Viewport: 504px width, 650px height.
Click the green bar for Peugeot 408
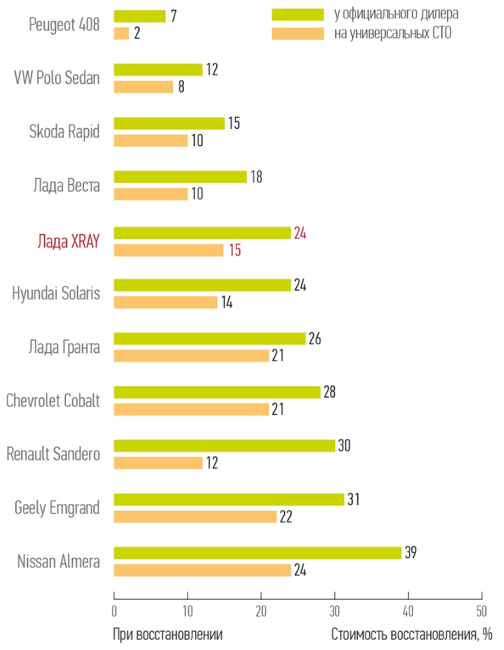point(139,16)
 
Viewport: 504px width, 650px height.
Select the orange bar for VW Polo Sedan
point(143,86)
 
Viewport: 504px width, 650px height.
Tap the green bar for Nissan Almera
point(257,553)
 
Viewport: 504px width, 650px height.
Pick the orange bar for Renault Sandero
point(158,463)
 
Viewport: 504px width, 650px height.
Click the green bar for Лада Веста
point(180,177)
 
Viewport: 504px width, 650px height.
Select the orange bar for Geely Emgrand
point(195,516)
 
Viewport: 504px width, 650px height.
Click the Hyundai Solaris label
point(56,293)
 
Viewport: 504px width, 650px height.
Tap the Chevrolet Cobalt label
point(53,400)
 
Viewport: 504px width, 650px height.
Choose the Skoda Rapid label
point(65,132)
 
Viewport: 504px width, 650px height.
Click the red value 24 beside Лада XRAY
point(300,232)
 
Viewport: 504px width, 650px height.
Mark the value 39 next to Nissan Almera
point(410,552)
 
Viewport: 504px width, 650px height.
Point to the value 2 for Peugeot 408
point(137,33)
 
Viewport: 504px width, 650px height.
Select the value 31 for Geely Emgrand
point(353,499)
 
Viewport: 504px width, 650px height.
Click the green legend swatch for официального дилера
point(298,14)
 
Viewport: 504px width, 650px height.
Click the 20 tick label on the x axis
point(261,612)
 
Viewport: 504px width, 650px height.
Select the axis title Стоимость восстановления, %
point(412,635)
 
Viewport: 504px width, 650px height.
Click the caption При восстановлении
point(168,635)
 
